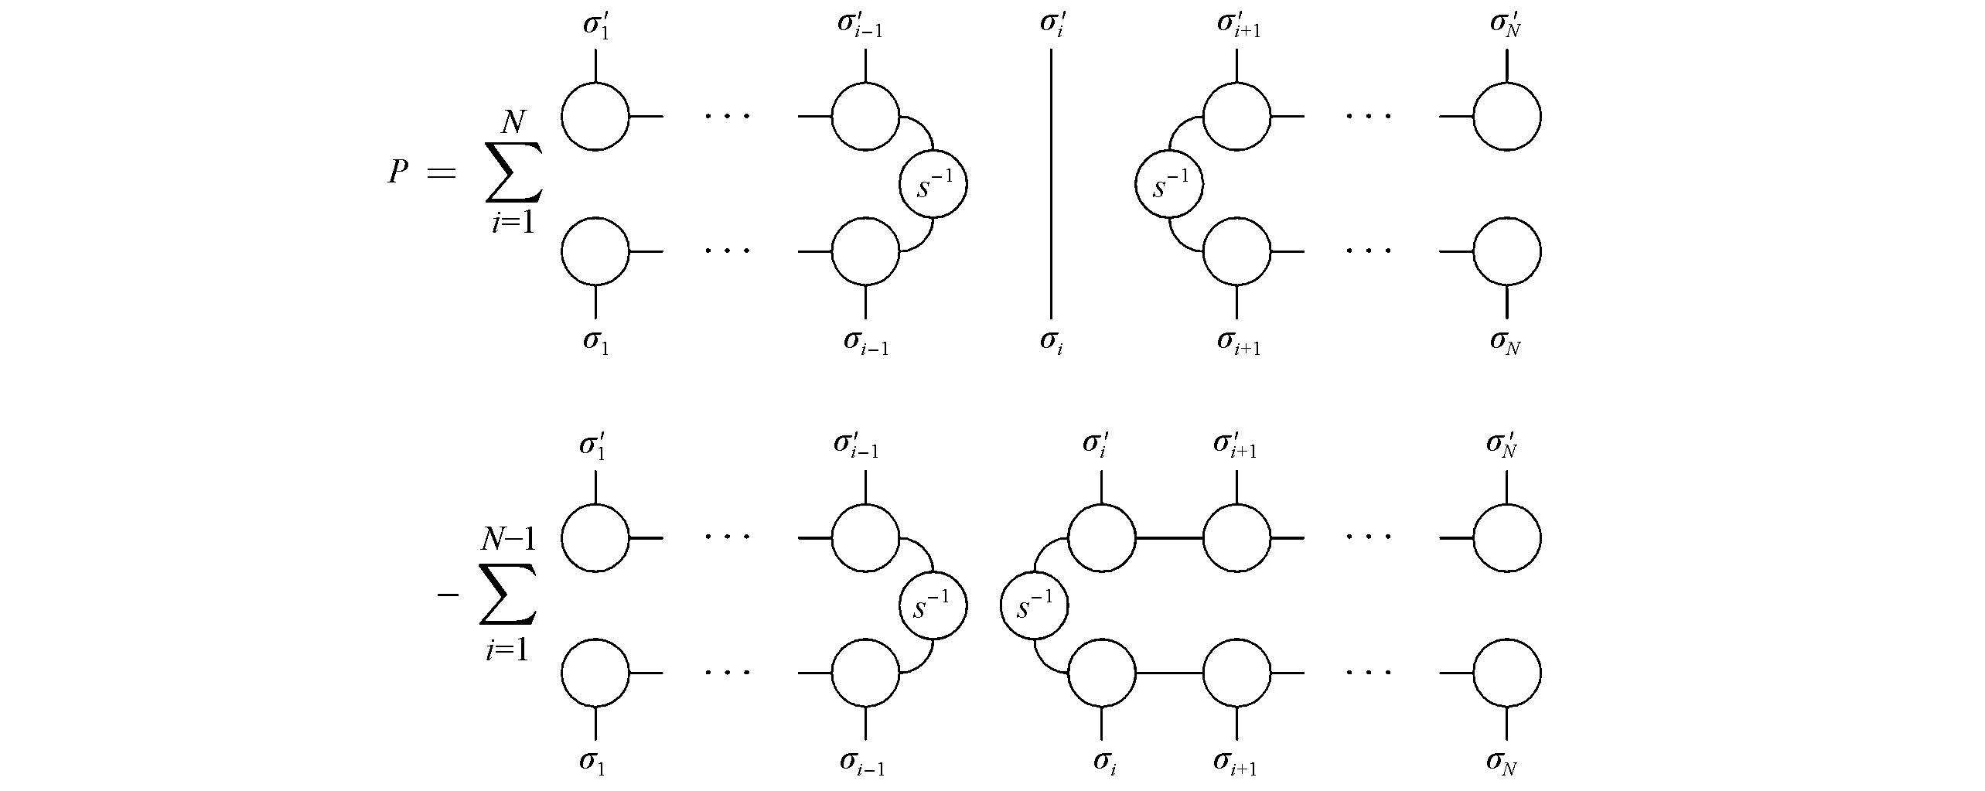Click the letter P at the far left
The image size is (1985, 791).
(397, 172)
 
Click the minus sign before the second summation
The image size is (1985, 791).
(448, 595)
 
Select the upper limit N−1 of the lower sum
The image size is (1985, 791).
(508, 539)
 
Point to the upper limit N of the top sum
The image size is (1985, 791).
(513, 121)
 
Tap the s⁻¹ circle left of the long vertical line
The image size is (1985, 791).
(933, 185)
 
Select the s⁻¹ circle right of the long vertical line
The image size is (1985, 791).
(1169, 185)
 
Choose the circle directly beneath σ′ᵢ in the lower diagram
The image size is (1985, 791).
(1101, 537)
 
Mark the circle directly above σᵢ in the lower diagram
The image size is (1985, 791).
(1101, 672)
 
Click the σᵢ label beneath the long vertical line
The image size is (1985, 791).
(1051, 341)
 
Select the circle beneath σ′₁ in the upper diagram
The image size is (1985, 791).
(595, 117)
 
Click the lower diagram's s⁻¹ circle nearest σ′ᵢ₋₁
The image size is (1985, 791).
(933, 605)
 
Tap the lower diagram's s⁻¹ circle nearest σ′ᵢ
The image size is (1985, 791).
(1034, 605)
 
